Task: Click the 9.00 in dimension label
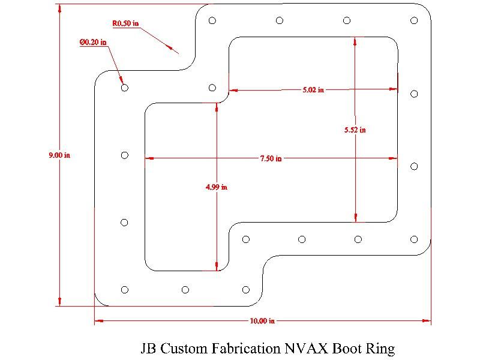[59, 155]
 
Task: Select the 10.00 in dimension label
[262, 320]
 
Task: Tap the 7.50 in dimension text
[271, 158]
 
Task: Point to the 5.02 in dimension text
[313, 90]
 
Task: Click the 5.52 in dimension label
[355, 130]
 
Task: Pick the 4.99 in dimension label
[216, 187]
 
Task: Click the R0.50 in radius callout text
[125, 24]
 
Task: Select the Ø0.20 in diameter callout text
[93, 43]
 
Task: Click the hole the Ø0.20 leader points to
[125, 88]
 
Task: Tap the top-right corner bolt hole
[414, 20]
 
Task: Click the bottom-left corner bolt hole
[125, 290]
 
